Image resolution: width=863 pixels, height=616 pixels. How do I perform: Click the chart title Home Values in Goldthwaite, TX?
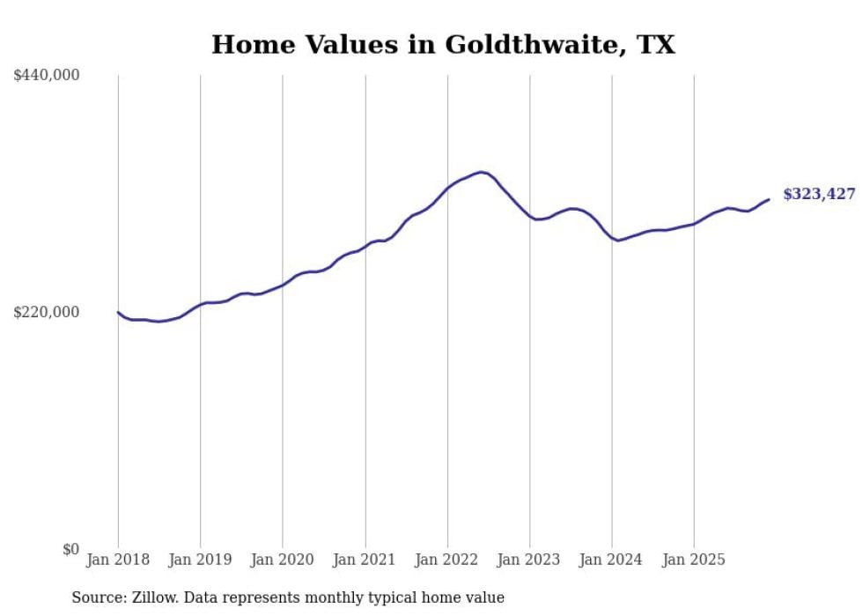click(443, 44)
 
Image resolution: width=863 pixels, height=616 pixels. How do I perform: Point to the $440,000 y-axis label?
click(47, 76)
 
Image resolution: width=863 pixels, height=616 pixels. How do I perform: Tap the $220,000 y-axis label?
click(47, 312)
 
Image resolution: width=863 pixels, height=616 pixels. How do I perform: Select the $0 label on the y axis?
click(71, 549)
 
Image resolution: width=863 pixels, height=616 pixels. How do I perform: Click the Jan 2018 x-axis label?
click(118, 560)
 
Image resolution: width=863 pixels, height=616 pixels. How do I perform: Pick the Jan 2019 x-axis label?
click(200, 560)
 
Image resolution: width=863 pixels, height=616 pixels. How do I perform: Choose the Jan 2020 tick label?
click(283, 560)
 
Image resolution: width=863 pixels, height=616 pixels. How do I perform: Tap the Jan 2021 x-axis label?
click(365, 560)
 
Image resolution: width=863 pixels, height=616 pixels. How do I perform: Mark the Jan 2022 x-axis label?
click(447, 560)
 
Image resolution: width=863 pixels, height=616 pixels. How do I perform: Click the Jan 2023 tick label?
click(529, 560)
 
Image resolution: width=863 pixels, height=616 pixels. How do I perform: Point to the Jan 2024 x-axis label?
click(612, 560)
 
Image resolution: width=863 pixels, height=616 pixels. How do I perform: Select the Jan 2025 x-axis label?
click(694, 560)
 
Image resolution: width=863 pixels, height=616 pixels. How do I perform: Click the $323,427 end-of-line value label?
click(818, 194)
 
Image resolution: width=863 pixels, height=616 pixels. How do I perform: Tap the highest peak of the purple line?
click(481, 172)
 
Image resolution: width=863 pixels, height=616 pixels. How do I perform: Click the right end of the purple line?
click(769, 199)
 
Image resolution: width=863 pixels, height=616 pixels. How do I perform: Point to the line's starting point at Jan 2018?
click(118, 312)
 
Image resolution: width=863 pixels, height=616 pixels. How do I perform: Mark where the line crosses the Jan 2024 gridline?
click(612, 239)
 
